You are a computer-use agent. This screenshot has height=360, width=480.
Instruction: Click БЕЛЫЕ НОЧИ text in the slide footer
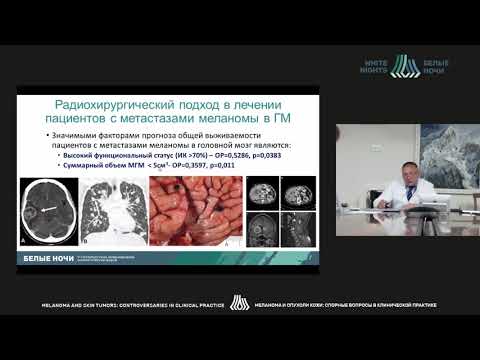pyautogui.click(x=47, y=258)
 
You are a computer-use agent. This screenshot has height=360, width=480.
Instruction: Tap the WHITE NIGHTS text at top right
pyautogui.click(x=377, y=67)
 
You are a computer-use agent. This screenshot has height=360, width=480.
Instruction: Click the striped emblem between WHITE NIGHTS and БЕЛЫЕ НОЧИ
pyautogui.click(x=405, y=67)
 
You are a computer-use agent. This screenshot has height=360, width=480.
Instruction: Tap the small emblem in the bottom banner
pyautogui.click(x=239, y=302)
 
